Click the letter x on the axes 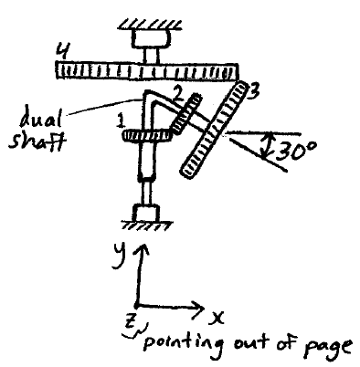[218, 318]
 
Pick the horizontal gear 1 [150, 136]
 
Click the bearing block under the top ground [148, 38]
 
